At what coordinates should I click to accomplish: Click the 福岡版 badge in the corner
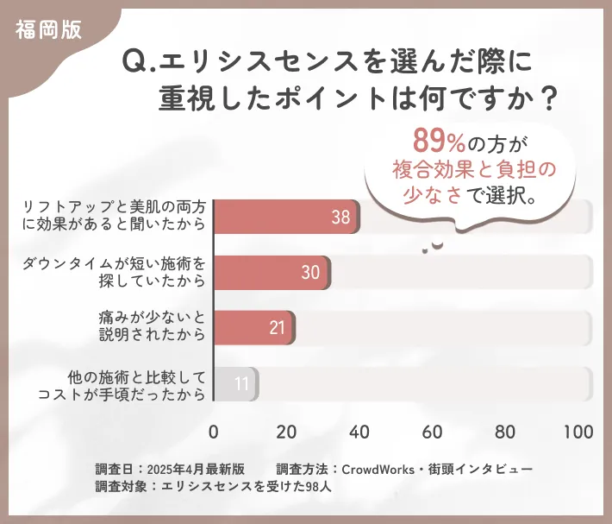(x=49, y=29)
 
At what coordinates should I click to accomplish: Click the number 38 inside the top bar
(x=340, y=218)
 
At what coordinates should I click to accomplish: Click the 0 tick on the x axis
(x=214, y=432)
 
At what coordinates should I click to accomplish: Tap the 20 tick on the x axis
(x=287, y=432)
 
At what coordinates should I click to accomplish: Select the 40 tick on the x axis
(x=359, y=432)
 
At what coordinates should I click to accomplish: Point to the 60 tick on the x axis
(x=433, y=432)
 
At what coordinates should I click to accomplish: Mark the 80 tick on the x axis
(x=506, y=432)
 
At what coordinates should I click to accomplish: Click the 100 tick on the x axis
(x=578, y=432)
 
